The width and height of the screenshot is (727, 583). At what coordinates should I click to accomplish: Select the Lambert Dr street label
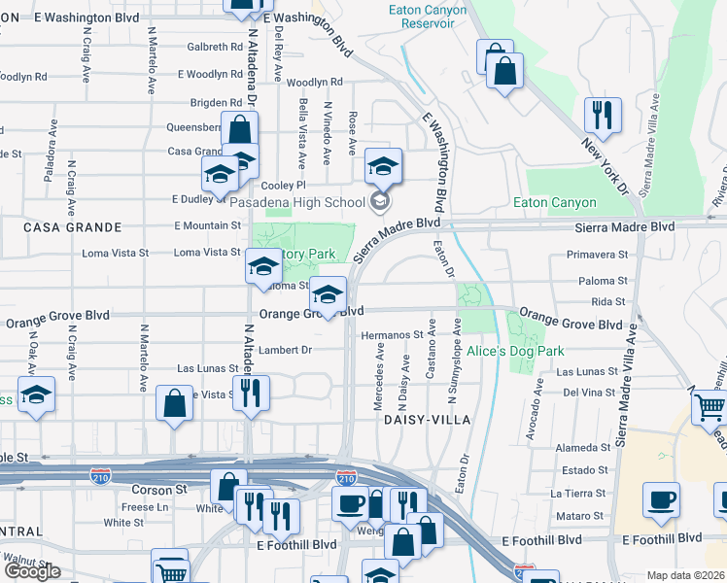(x=285, y=350)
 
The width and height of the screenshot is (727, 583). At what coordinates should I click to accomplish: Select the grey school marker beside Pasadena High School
(x=381, y=202)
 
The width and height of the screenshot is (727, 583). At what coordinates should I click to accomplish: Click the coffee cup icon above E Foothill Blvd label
(x=661, y=500)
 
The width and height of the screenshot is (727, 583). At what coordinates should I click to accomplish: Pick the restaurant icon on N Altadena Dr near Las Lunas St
(x=251, y=393)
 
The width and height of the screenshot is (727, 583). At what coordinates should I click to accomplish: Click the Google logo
(x=31, y=571)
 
